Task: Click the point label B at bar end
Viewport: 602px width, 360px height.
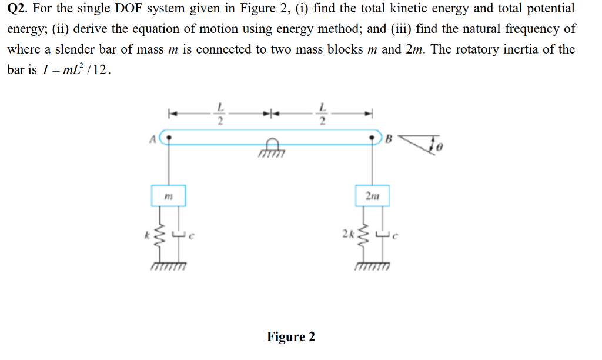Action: coord(389,139)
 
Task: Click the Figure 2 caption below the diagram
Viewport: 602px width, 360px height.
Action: coord(291,336)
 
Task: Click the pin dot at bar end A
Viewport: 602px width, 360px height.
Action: coord(170,139)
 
